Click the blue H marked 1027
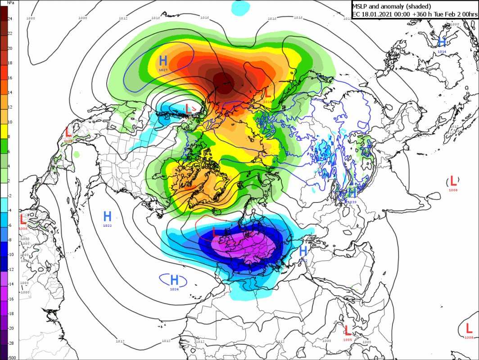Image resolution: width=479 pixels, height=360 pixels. pyautogui.click(x=163, y=60)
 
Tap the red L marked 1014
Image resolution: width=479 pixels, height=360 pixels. pyautogui.click(x=267, y=93)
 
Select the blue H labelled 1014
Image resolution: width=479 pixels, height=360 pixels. pyautogui.click(x=442, y=42)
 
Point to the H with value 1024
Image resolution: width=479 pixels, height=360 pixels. pyautogui.click(x=174, y=280)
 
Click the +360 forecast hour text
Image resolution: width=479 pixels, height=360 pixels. pyautogui.click(x=427, y=14)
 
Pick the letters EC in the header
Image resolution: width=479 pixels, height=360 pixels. pyautogui.click(x=356, y=14)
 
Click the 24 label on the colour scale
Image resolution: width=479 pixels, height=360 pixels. pyautogui.click(x=9, y=18)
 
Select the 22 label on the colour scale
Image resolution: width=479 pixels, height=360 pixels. pyautogui.click(x=9, y=33)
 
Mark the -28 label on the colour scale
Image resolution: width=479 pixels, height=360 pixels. pyautogui.click(x=9, y=343)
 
